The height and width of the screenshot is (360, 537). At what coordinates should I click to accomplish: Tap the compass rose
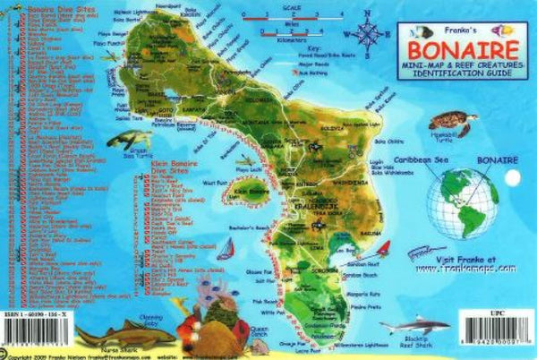tap(367, 33)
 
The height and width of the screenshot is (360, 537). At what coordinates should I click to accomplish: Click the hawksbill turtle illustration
tap(445, 123)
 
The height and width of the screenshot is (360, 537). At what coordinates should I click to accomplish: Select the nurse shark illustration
tap(114, 332)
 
